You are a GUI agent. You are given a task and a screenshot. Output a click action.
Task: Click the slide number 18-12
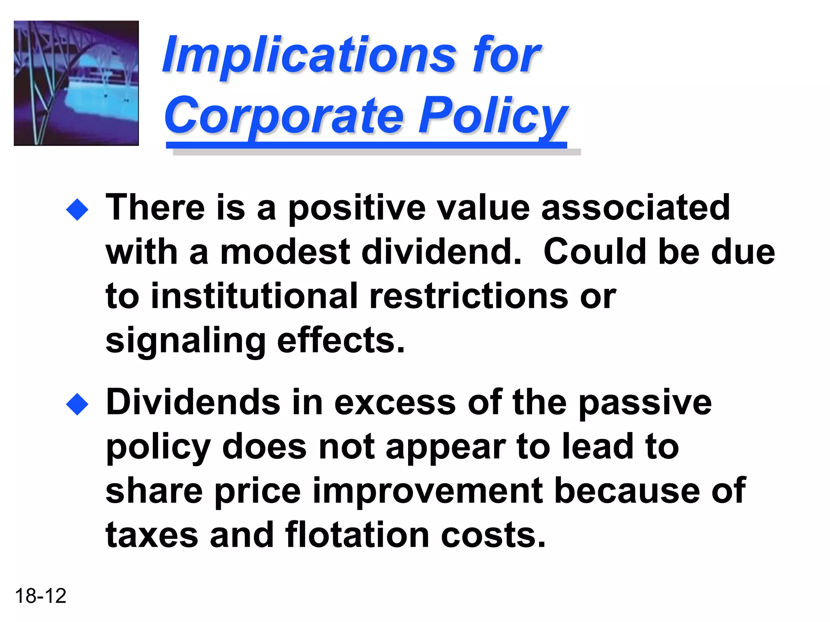point(41,596)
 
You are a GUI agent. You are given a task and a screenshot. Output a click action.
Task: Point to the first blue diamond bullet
point(77,209)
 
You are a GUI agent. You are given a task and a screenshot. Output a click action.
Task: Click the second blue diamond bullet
point(77,404)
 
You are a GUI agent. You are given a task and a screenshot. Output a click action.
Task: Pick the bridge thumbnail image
point(76,83)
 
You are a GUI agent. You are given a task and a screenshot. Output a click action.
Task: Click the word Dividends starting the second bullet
point(193,403)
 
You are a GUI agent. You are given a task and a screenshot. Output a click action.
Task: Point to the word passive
point(644,403)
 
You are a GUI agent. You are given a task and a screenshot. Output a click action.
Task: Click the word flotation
point(357,535)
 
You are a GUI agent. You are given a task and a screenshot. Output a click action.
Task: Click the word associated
point(635,208)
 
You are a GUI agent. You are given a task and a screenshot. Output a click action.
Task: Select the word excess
point(395,403)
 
